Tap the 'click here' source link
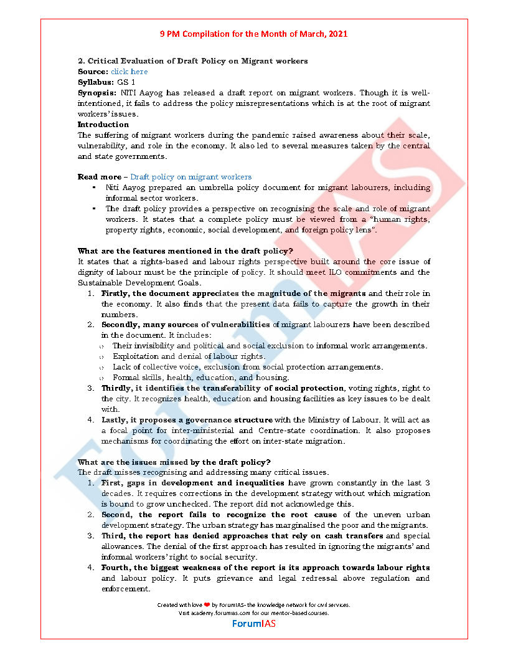pos(129,72)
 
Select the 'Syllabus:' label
pos(95,82)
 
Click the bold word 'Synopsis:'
pos(97,93)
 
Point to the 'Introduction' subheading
pos(103,125)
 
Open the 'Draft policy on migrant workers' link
pos(190,177)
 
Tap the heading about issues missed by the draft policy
pos(174,462)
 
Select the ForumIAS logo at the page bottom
pos(253,623)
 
